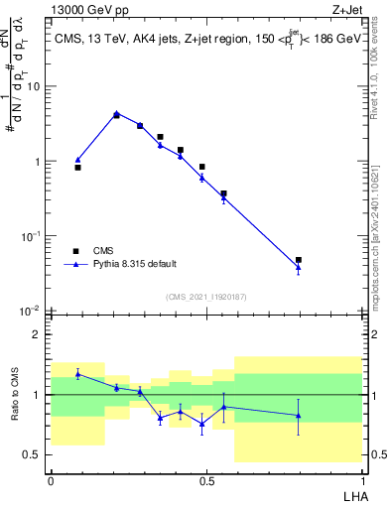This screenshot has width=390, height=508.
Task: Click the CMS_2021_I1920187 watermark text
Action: tap(204, 296)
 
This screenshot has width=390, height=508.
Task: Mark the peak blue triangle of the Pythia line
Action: tap(116, 113)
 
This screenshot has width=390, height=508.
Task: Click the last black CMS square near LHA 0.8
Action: tap(299, 260)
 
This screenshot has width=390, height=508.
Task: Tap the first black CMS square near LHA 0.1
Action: tap(77, 168)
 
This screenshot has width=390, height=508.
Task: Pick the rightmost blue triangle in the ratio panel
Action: tap(299, 416)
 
